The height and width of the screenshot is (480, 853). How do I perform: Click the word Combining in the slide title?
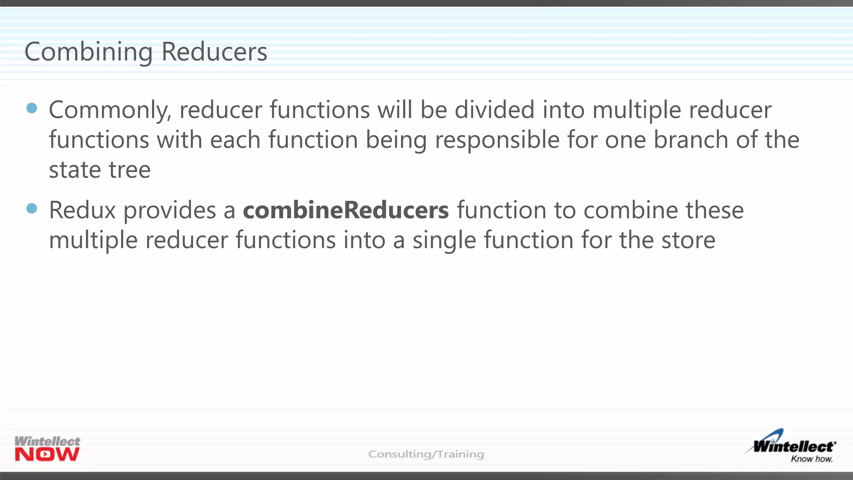pyautogui.click(x=88, y=52)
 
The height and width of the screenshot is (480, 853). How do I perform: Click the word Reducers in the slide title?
pyautogui.click(x=214, y=52)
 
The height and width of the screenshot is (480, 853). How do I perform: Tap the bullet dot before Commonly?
pyautogui.click(x=32, y=108)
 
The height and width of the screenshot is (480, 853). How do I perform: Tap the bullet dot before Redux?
pyautogui.click(x=32, y=208)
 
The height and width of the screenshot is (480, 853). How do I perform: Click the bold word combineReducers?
pyautogui.click(x=346, y=210)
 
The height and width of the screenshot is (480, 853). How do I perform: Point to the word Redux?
pyautogui.click(x=82, y=210)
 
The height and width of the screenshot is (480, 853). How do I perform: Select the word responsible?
pyautogui.click(x=497, y=140)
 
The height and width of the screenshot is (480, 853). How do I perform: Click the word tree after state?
pyautogui.click(x=130, y=170)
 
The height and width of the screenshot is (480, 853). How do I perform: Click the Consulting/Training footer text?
pyautogui.click(x=426, y=454)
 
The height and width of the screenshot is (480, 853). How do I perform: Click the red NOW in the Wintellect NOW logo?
pyautogui.click(x=47, y=455)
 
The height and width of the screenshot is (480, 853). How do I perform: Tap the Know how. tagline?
pyautogui.click(x=811, y=459)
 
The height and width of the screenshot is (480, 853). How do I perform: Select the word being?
pyautogui.click(x=396, y=140)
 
